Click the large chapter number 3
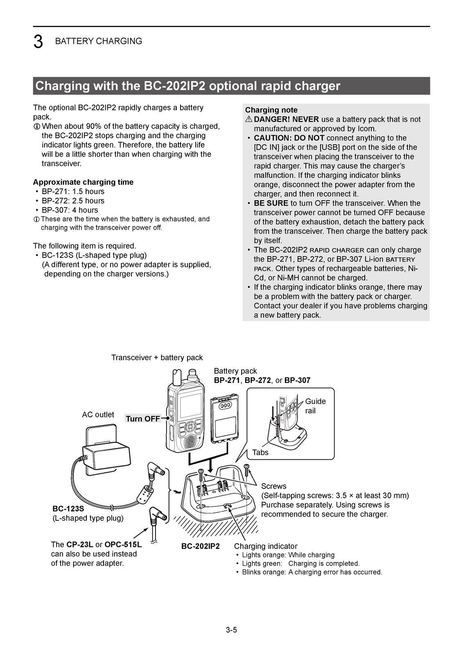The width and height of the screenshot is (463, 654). pos(38,42)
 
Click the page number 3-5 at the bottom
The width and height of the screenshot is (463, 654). pos(231,630)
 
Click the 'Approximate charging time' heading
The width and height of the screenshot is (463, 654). pos(83,182)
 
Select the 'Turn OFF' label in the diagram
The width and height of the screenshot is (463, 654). pos(143,419)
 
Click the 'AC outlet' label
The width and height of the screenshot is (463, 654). pos(98,414)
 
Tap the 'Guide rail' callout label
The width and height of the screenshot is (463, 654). pos(315,406)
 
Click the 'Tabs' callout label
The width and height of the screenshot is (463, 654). pos(260,452)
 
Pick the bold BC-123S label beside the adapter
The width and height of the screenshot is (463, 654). pos(68,509)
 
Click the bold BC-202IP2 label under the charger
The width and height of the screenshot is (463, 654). pos(201,546)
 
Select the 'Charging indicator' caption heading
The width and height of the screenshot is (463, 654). pos(266,546)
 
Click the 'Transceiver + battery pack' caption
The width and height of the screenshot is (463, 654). pos(157,358)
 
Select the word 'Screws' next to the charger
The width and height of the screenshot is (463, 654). pos(273,486)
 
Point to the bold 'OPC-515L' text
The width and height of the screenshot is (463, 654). pos(123,544)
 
